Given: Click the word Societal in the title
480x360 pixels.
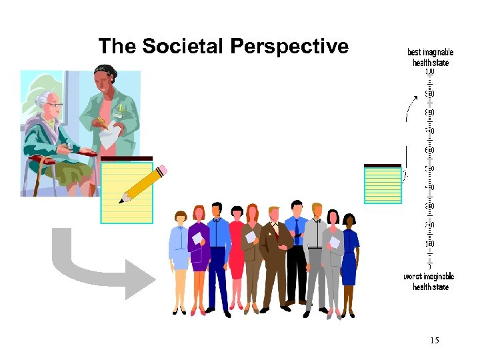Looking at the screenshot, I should [x=183, y=46].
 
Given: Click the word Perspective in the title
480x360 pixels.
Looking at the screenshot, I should [x=289, y=46].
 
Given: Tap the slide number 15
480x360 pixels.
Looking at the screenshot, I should [x=434, y=341].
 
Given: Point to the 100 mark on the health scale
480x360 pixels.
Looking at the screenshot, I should [x=429, y=72].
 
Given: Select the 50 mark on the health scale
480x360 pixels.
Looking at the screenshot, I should [x=429, y=169].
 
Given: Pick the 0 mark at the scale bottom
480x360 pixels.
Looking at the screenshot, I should [x=429, y=266].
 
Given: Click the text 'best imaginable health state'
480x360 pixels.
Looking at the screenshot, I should [x=430, y=57].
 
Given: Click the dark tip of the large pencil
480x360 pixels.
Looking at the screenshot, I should [x=122, y=200].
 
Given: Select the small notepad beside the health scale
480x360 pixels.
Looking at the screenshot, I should [x=383, y=184].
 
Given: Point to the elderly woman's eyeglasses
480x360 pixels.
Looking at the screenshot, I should [x=54, y=105].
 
